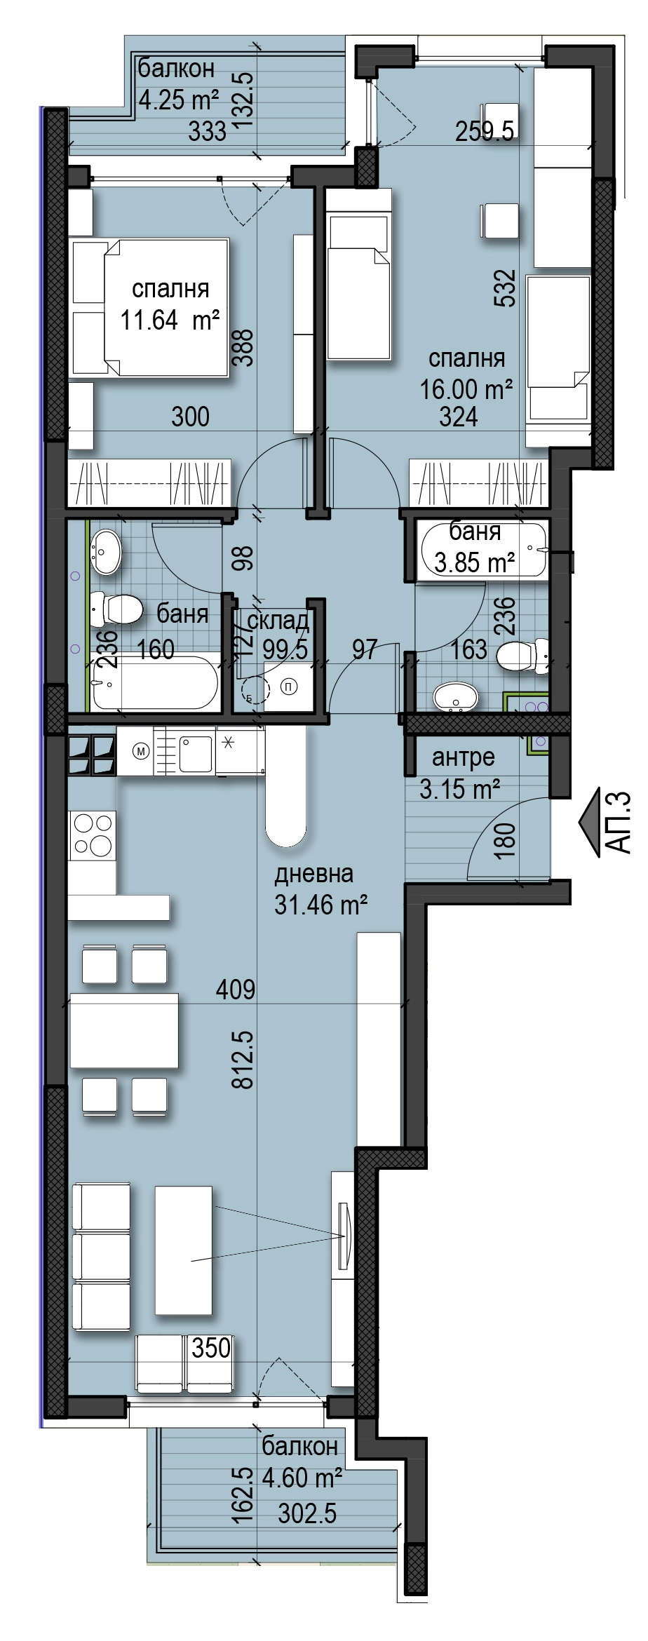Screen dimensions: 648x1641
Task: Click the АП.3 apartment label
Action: pyautogui.click(x=618, y=823)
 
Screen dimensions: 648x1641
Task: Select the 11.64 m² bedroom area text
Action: pyautogui.click(x=170, y=321)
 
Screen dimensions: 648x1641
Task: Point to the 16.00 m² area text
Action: pyautogui.click(x=466, y=389)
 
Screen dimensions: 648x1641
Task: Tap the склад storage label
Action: pyautogui.click(x=278, y=620)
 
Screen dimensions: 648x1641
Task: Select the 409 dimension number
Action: pyautogui.click(x=236, y=990)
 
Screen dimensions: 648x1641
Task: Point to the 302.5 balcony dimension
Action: pyautogui.click(x=307, y=1514)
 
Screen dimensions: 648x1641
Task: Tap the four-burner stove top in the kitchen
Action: pyautogui.click(x=93, y=835)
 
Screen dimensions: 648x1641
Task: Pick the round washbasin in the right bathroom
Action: pyautogui.click(x=456, y=697)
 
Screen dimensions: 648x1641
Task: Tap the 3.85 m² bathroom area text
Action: pyautogui.click(x=475, y=562)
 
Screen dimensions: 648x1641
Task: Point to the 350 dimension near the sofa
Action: pyautogui.click(x=211, y=1347)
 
